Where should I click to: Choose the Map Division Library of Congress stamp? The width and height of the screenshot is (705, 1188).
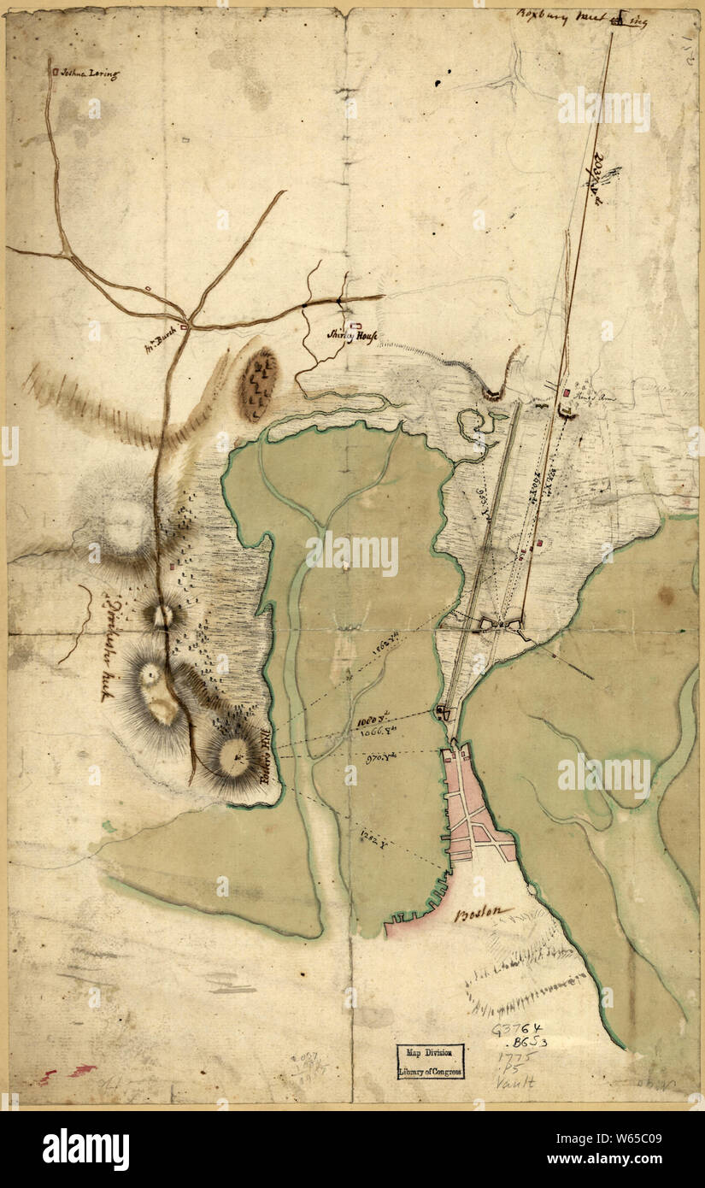click(430, 1061)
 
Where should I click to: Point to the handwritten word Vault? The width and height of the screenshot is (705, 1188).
click(516, 1082)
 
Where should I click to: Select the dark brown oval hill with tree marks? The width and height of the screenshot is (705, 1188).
click(257, 384)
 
